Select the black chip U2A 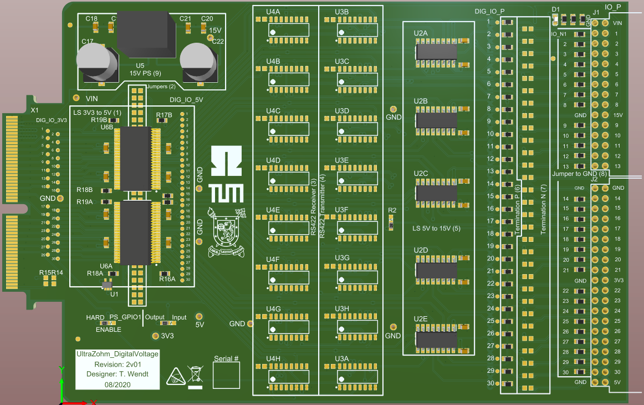click(437, 52)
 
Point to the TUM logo click(227, 175)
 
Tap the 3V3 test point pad click(155, 336)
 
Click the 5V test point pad click(199, 315)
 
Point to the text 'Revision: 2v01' click(117, 364)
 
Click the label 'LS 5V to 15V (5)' click(437, 228)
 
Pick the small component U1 click(107, 285)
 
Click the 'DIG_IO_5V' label click(186, 100)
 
